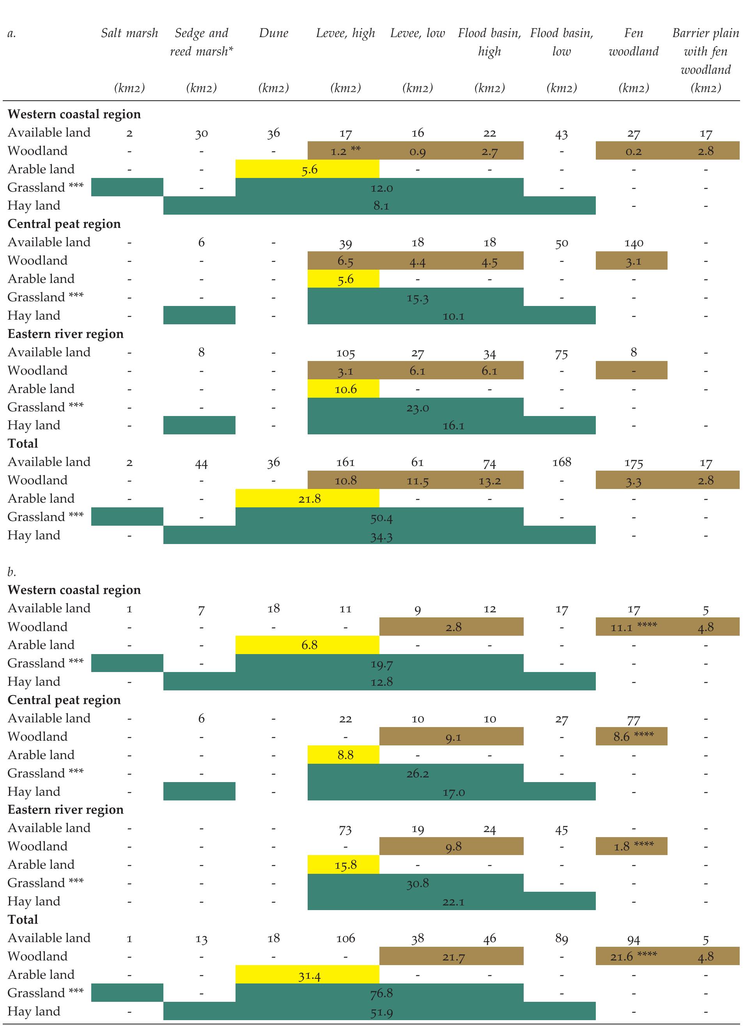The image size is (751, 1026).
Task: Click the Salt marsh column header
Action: [129, 33]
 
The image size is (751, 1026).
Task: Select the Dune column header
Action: [273, 33]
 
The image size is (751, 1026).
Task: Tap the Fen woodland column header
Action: [633, 42]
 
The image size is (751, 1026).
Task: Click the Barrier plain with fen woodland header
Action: [705, 51]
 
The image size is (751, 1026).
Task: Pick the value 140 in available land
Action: [633, 243]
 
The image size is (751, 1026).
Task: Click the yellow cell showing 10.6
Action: [345, 389]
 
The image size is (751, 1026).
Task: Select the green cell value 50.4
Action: [381, 518]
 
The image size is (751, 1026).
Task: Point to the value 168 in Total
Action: [561, 462]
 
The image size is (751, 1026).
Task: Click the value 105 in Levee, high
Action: [345, 353]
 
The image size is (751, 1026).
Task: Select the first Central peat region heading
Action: [64, 224]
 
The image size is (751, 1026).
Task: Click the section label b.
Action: [12, 572]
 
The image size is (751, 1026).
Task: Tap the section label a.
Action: [12, 33]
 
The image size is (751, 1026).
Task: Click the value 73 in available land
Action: [345, 830]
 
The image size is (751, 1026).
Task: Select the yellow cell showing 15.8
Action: [345, 865]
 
